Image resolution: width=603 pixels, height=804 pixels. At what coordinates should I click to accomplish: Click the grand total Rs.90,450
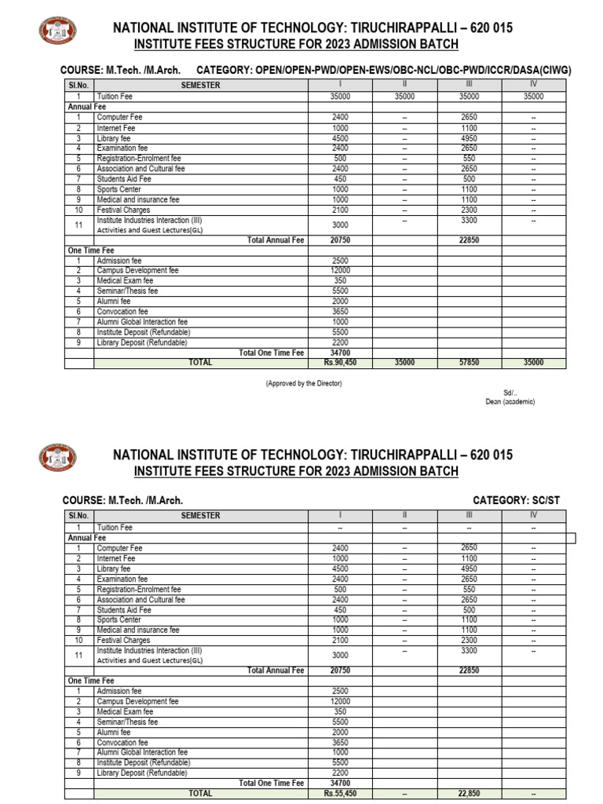click(x=340, y=363)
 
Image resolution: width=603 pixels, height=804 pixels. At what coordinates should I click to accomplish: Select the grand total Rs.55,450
click(x=340, y=794)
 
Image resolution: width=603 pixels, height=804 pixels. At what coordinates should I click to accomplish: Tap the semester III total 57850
click(x=469, y=363)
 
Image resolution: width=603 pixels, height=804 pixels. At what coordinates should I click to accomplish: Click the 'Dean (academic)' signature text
click(x=510, y=401)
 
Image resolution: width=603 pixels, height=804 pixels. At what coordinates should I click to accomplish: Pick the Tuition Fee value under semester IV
click(x=533, y=96)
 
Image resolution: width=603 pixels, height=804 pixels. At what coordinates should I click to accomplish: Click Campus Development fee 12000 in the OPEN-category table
click(x=340, y=271)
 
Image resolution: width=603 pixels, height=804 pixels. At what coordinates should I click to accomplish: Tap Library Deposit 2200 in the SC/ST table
click(x=340, y=773)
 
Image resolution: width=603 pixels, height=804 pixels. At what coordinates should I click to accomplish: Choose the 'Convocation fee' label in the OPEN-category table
click(x=122, y=312)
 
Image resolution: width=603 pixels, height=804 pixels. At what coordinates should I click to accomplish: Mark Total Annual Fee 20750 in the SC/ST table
click(x=340, y=671)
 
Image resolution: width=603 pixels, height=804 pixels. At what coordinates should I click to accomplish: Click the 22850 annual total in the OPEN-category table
click(x=469, y=240)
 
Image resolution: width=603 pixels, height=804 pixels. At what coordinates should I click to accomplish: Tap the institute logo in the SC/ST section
click(x=58, y=458)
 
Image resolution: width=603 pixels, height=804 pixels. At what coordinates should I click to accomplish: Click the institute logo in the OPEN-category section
click(x=58, y=31)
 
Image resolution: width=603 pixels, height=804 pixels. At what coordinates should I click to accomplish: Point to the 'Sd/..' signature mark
click(x=510, y=392)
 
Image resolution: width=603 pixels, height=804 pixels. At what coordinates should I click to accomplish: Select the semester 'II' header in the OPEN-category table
click(x=404, y=85)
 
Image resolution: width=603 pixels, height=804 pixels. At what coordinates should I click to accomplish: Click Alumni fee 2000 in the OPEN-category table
click(x=340, y=301)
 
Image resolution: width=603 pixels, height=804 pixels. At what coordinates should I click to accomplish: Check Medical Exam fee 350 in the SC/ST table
click(x=340, y=712)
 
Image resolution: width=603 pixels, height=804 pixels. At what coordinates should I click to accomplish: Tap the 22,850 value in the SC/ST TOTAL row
click(x=469, y=794)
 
